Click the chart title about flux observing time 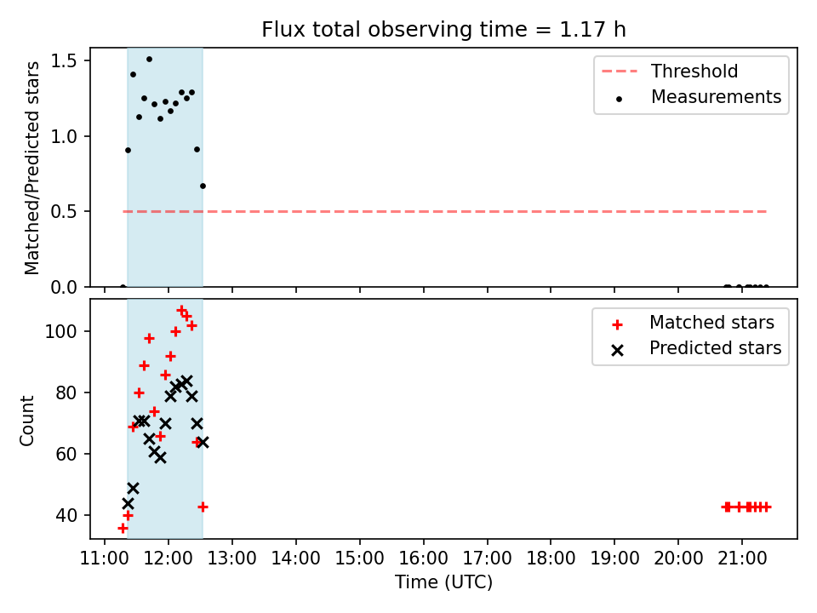[x=443, y=29]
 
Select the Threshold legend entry [x=670, y=71]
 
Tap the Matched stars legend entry [x=694, y=323]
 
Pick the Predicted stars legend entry [x=697, y=348]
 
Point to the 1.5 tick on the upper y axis [x=64, y=61]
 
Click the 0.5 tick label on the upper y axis [x=64, y=212]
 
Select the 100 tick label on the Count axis [x=61, y=331]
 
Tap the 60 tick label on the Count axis [x=66, y=454]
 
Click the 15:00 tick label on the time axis [x=359, y=559]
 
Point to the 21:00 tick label [x=742, y=559]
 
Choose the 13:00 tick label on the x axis [x=232, y=559]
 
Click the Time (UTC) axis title [x=443, y=581]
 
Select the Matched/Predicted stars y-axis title [x=31, y=168]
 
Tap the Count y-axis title [x=26, y=421]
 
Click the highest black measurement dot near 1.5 [x=149, y=60]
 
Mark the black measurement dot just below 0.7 [x=203, y=186]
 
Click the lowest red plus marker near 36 [x=123, y=529]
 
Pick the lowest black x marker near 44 [x=128, y=503]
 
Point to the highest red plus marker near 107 [x=181, y=311]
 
